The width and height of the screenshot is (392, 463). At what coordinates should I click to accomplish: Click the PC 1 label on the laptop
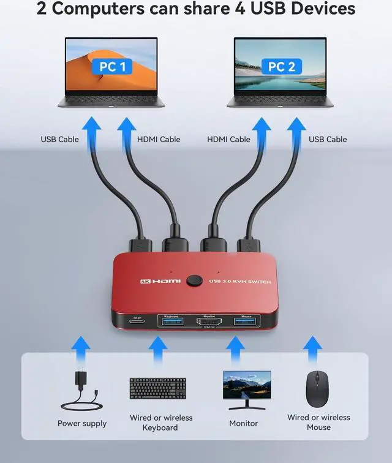point(112,66)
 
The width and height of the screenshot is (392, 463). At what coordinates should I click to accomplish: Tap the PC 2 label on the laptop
point(282,66)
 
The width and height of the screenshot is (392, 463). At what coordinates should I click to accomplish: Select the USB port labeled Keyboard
point(170,320)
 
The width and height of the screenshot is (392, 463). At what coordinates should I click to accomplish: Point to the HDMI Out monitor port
point(209,321)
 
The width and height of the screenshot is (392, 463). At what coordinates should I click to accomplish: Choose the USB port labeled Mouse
point(246,320)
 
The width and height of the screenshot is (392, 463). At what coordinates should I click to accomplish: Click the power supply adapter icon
point(81,391)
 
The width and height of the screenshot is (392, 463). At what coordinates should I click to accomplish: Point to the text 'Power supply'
point(82,423)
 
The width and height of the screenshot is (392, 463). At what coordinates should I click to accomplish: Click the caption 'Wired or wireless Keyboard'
point(160,423)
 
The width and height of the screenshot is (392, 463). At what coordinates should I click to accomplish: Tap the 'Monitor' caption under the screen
point(243,423)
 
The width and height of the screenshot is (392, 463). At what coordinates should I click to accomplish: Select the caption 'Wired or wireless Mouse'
point(318,422)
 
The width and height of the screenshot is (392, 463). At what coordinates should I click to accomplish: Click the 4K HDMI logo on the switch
point(160,281)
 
